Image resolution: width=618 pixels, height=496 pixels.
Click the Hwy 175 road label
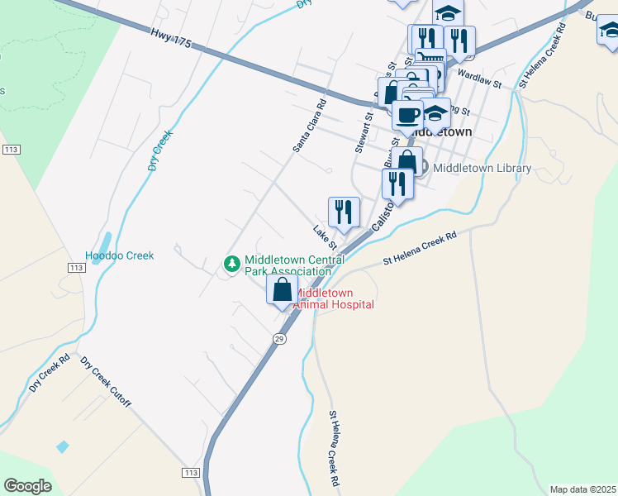click(x=171, y=38)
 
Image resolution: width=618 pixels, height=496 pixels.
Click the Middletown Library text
click(x=483, y=168)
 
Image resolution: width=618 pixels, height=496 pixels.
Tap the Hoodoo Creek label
click(x=120, y=256)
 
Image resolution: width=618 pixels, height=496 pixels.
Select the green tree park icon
click(x=232, y=265)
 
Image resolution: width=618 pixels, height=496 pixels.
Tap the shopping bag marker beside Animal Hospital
click(x=283, y=291)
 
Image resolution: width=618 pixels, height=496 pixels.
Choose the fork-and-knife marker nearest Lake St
click(x=344, y=212)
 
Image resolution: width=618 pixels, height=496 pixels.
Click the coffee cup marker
click(x=407, y=114)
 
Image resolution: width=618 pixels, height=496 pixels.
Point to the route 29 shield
click(x=280, y=339)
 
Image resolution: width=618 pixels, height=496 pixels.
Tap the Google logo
click(x=27, y=486)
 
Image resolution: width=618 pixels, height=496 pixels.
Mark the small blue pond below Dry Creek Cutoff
click(x=63, y=446)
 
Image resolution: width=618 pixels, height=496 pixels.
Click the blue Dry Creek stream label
click(x=163, y=150)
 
